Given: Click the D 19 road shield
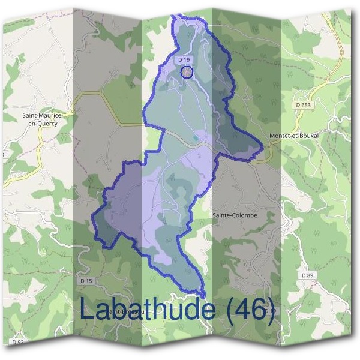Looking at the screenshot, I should [184, 60].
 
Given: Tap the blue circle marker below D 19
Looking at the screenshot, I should [187, 73].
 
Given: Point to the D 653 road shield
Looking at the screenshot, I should [304, 105].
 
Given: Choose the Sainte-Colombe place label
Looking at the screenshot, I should [235, 215].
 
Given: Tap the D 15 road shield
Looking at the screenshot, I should [86, 280].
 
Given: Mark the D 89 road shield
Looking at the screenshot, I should [307, 275].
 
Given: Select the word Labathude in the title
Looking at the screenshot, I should [147, 310].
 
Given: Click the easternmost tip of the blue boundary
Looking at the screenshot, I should [263, 145].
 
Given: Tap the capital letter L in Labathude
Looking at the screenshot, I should [88, 310].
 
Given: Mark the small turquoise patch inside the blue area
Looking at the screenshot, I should [195, 138].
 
